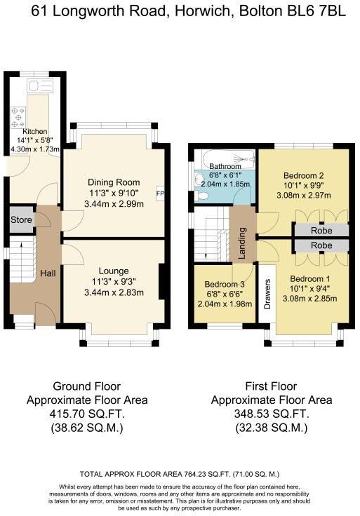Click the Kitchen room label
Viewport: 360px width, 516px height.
(35, 131)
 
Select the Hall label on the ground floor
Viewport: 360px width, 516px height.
(48, 273)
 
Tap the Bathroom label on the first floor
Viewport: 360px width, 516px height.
(225, 166)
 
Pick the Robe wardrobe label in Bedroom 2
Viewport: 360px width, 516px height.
(321, 230)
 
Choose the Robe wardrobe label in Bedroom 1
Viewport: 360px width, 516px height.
(321, 245)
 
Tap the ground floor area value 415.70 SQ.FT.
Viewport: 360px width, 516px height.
(87, 414)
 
